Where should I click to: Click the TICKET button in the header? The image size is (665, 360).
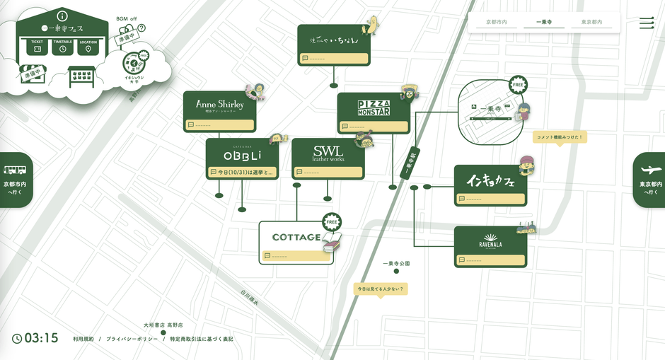click(x=37, y=46)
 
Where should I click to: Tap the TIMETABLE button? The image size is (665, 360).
click(x=63, y=46)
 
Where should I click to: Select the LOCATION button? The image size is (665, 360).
click(x=88, y=46)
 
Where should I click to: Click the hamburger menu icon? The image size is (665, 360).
click(x=647, y=23)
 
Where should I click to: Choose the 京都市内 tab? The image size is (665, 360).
click(x=496, y=23)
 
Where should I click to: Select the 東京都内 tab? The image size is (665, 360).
click(x=591, y=23)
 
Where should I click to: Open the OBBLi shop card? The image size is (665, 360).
click(x=243, y=155)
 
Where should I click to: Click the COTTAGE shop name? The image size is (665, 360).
click(x=296, y=237)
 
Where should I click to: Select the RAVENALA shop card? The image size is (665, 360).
click(x=490, y=241)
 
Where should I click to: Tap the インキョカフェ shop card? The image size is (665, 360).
click(x=490, y=181)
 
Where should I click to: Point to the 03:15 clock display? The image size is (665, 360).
click(x=35, y=338)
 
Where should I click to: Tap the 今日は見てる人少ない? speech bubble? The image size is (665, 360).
click(x=383, y=289)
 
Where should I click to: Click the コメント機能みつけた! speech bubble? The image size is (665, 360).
click(x=560, y=137)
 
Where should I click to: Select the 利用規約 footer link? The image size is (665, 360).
click(x=83, y=339)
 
